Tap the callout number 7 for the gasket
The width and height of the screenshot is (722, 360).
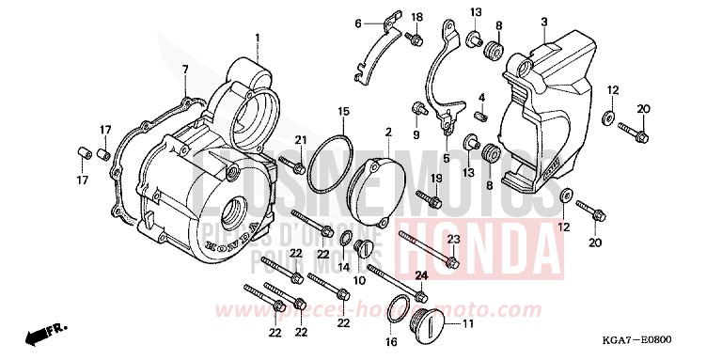tap(185, 70)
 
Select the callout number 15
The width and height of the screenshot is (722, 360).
tap(344, 112)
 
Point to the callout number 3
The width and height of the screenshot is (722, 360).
tap(543, 22)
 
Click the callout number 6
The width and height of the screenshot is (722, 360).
tap(358, 23)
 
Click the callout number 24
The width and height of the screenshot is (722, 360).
tap(421, 274)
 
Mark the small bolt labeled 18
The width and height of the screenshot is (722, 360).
tap(412, 39)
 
